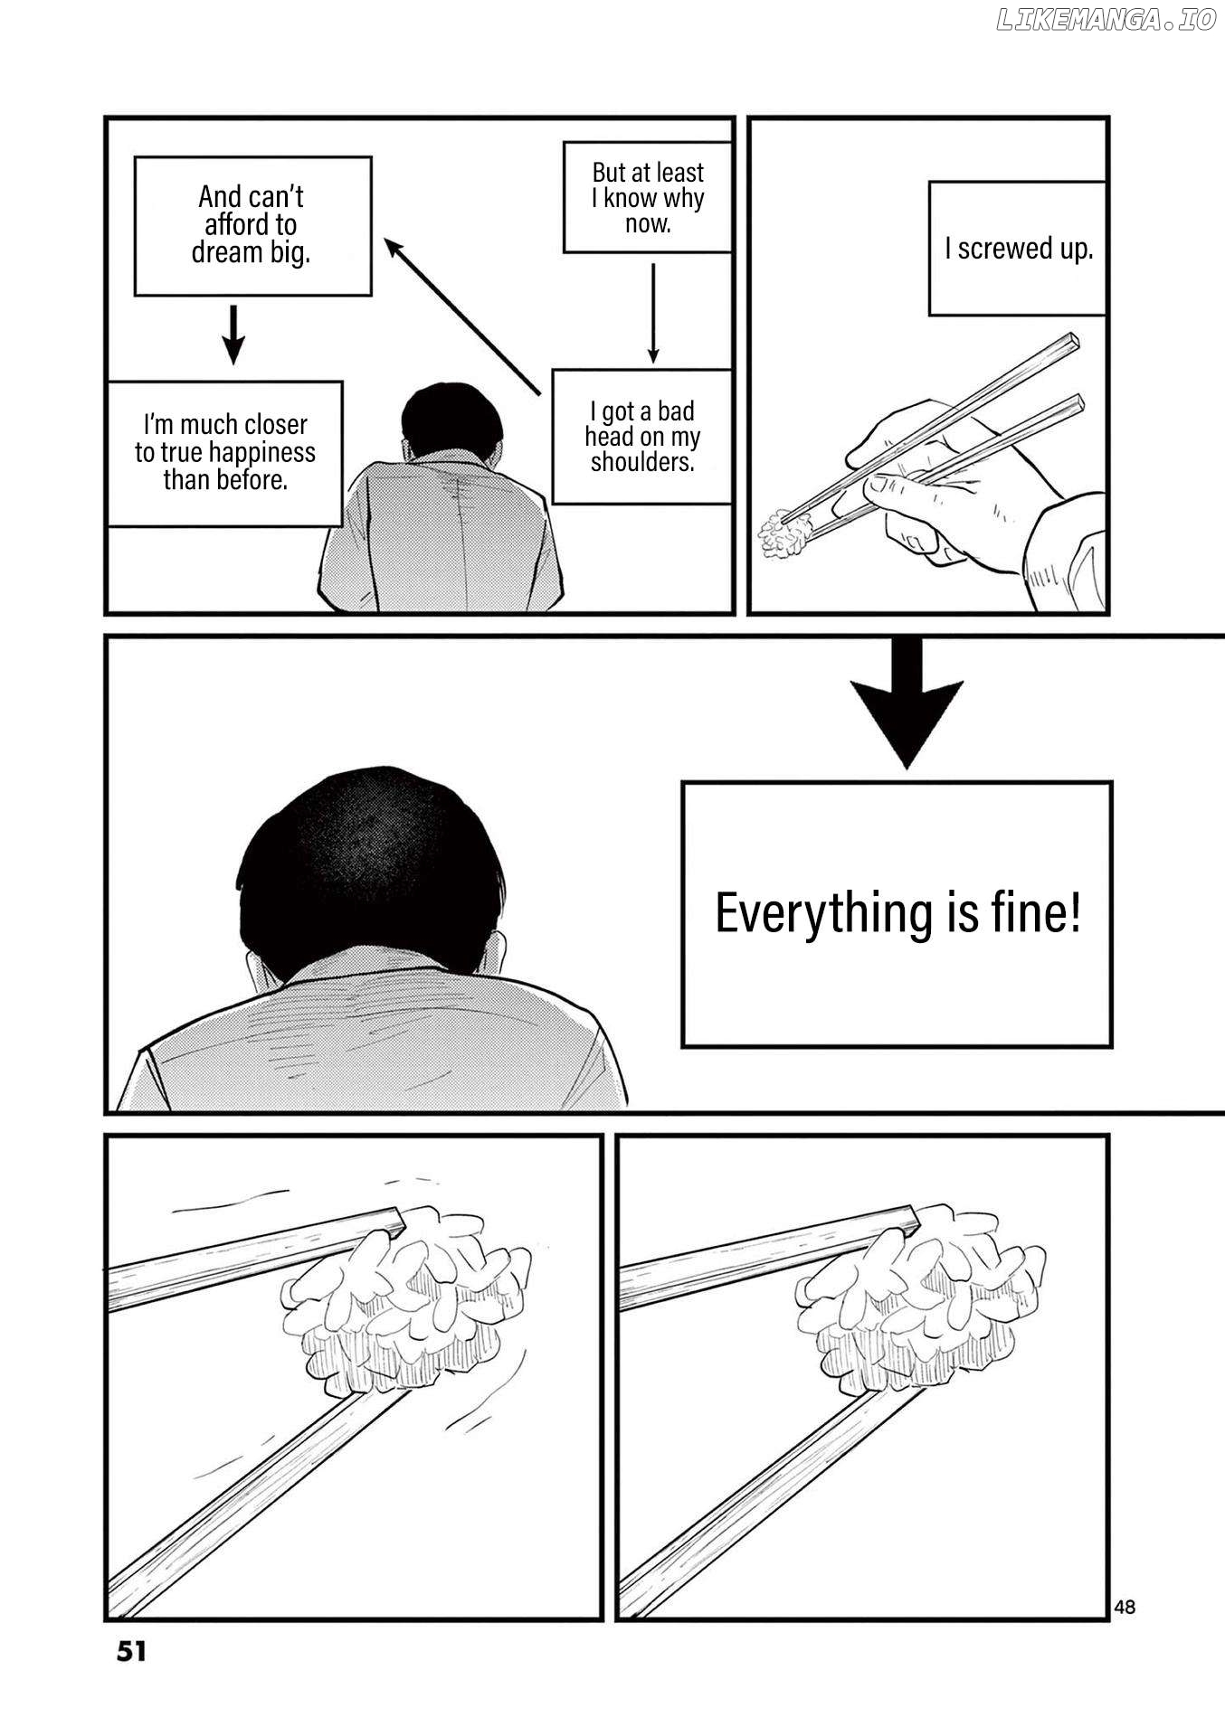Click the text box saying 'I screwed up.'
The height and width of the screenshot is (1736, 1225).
tap(1018, 249)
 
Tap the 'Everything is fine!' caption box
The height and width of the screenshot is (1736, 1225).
tap(897, 914)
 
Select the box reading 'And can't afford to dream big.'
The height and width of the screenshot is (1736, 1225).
tap(252, 225)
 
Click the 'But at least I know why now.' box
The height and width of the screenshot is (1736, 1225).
tap(648, 197)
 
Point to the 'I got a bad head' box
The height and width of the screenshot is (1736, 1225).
tap(642, 437)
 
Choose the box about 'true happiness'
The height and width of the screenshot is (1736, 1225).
tap(225, 453)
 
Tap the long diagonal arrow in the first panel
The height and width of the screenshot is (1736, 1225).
tap(463, 316)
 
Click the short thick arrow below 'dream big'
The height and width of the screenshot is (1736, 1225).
tap(233, 335)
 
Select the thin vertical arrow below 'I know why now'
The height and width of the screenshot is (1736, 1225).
tap(652, 313)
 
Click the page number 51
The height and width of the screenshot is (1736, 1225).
tap(131, 1651)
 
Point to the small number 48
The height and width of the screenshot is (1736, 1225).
tap(1125, 1607)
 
